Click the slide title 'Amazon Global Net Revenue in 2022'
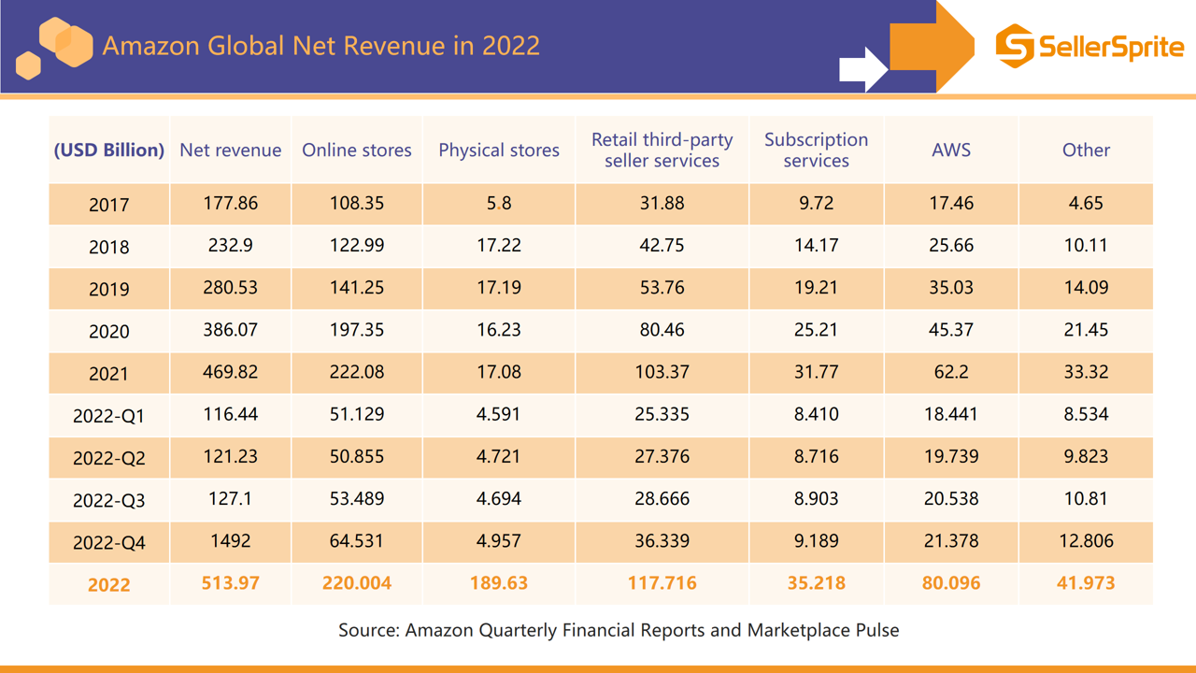[x=320, y=46]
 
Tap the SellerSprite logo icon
[x=1014, y=46]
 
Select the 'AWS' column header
[x=951, y=150]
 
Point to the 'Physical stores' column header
[x=499, y=150]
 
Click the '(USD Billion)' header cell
[x=109, y=150]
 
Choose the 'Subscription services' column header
[x=816, y=150]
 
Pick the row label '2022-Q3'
[x=109, y=500]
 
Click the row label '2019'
[x=109, y=289]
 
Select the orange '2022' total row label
[x=109, y=584]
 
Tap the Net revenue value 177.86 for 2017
[x=231, y=203]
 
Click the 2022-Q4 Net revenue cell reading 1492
[x=231, y=541]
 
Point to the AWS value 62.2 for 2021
[x=951, y=372]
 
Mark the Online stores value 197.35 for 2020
[x=357, y=330]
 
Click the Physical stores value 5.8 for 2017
[x=499, y=203]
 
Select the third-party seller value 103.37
[x=662, y=372]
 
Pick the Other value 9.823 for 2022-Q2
[x=1086, y=456]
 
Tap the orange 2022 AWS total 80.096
[x=951, y=583]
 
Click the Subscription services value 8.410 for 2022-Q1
[x=816, y=414]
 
